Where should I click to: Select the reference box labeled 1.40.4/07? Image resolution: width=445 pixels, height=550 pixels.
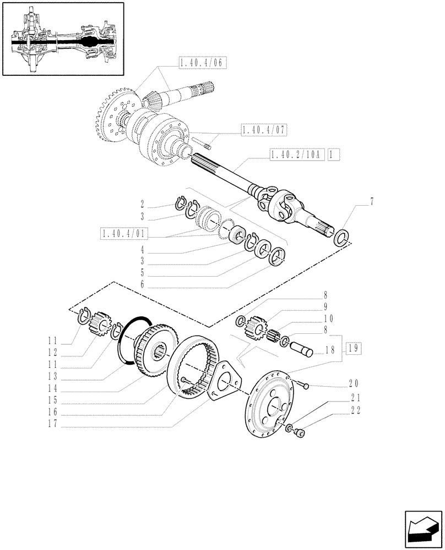click(264, 130)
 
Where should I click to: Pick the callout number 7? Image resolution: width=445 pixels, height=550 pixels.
click(372, 202)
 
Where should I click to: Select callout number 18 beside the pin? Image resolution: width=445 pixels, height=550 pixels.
click(330, 349)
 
